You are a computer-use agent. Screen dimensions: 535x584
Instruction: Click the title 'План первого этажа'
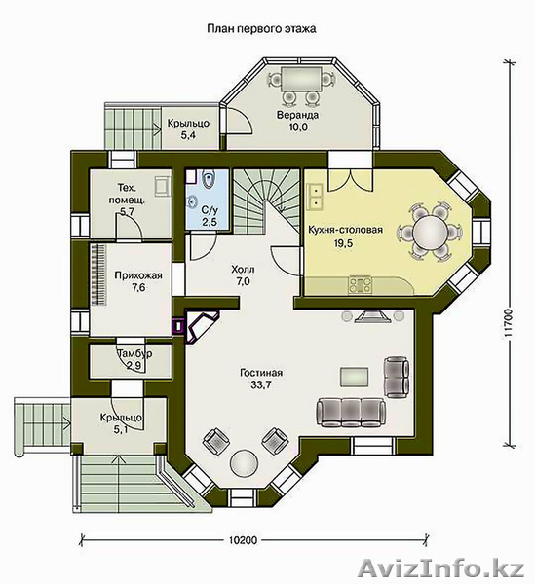(x=261, y=28)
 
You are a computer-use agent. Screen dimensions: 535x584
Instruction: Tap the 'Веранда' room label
(x=297, y=115)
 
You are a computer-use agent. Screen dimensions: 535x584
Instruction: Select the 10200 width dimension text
(x=243, y=539)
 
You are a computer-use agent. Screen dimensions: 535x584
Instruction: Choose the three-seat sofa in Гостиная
(x=351, y=413)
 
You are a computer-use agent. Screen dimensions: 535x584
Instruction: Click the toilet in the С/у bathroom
(x=209, y=179)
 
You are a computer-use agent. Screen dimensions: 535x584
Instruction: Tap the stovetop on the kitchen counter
(x=360, y=285)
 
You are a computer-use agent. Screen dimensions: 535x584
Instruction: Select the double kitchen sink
(x=316, y=197)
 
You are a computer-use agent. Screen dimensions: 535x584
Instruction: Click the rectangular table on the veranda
(x=301, y=78)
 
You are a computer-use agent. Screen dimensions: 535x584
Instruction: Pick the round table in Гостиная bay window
(x=245, y=463)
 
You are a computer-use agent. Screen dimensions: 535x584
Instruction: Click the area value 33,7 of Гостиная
(x=261, y=384)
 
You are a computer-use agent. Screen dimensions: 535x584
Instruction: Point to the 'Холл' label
(x=243, y=269)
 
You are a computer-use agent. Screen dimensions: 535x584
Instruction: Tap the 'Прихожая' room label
(x=138, y=275)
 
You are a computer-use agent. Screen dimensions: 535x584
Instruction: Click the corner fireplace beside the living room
(x=201, y=325)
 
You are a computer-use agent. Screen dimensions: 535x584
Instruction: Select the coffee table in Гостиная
(x=354, y=377)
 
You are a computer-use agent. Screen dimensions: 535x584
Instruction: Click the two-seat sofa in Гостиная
(x=397, y=378)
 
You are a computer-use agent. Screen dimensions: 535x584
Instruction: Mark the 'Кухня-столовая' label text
(x=345, y=230)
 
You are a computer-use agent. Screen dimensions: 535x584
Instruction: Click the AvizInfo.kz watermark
(x=441, y=568)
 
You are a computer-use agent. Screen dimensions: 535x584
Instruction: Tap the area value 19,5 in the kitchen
(x=344, y=243)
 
